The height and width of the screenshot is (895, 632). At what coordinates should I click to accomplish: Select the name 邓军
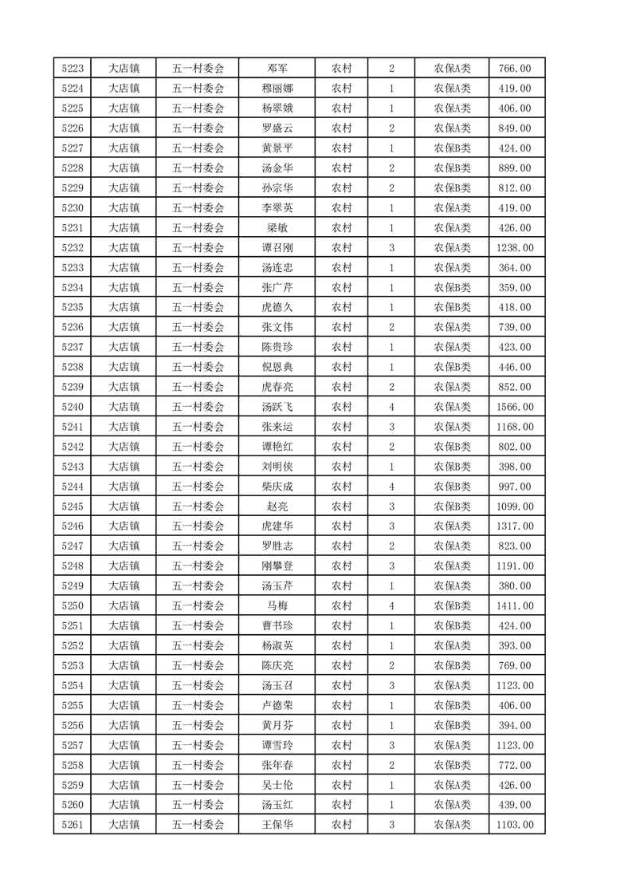[277, 69]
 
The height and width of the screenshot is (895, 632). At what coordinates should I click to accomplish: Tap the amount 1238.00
[515, 248]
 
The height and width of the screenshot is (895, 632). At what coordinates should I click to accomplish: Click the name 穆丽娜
[277, 89]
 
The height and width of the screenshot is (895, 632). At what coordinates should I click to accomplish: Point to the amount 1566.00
[515, 407]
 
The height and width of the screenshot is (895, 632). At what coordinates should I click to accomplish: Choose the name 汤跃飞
[277, 407]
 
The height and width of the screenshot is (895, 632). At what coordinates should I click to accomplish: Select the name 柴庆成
[277, 487]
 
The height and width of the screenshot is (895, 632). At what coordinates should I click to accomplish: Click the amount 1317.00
[515, 526]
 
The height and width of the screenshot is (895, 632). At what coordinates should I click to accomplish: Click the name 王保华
[277, 825]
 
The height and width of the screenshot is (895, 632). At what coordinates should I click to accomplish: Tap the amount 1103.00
[515, 825]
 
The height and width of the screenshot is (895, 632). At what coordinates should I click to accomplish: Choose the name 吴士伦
[277, 785]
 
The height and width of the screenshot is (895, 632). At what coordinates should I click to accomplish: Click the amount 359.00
[515, 288]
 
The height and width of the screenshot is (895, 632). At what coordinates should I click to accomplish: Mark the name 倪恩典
[277, 367]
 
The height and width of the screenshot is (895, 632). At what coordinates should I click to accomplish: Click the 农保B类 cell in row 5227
[452, 148]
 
